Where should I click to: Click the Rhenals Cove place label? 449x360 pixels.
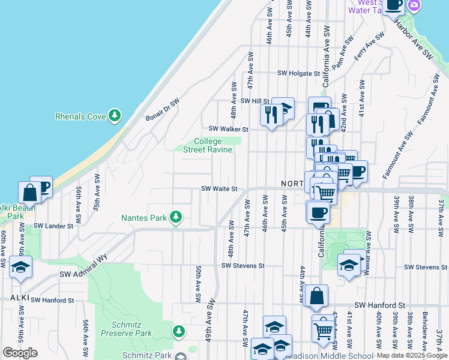pos(80,116)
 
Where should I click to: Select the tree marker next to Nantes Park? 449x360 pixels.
pos(176,217)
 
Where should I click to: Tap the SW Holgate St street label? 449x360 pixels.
pos(299,73)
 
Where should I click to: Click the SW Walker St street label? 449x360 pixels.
pos(229,129)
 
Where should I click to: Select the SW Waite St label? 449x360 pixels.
pos(219,188)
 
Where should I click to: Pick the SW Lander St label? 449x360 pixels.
pos(53,226)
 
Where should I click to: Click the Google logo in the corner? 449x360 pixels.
pos(20,353)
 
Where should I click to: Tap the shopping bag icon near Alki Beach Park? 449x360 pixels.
pos(29,193)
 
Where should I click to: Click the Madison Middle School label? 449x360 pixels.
pos(320,355)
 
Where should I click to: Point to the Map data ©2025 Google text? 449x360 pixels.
pos(411,355)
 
